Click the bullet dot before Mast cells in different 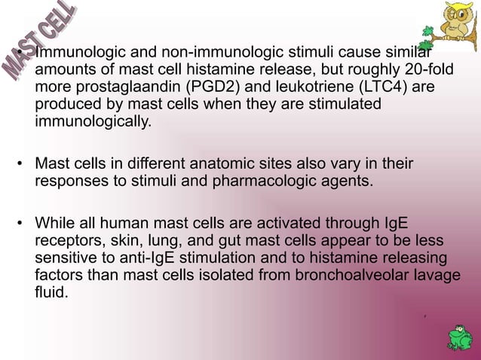[x=23, y=164]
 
